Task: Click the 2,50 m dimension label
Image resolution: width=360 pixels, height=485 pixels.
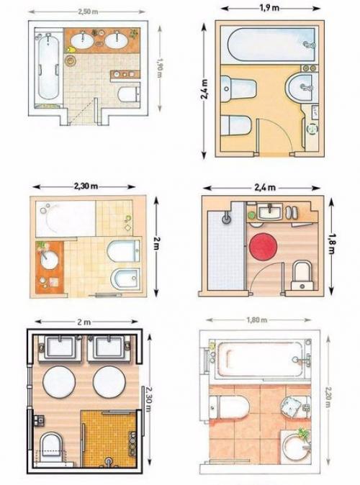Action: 88,12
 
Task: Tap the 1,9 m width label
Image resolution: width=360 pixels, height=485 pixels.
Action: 269,8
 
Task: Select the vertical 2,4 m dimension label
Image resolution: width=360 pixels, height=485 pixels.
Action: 204,89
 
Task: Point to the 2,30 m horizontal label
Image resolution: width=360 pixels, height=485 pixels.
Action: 86,186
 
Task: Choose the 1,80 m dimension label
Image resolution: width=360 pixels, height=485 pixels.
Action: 257,319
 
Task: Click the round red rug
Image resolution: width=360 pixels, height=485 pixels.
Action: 263,247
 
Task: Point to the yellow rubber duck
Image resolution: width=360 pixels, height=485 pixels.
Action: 71,49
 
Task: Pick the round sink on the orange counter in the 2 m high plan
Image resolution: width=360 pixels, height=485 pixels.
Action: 49,260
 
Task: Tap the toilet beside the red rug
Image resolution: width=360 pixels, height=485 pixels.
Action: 302,275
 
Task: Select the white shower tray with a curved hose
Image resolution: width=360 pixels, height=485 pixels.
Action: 66,218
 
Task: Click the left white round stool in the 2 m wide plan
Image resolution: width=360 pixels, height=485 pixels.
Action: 58,381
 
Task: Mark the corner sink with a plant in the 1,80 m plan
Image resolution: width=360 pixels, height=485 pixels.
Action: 296,444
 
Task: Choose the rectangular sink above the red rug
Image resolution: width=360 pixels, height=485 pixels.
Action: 270,212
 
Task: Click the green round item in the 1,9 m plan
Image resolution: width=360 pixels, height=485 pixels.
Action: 312,128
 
